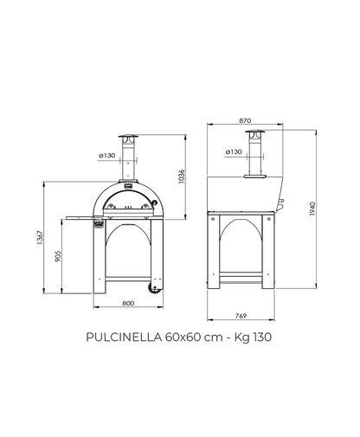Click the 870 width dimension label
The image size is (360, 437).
(x=245, y=120)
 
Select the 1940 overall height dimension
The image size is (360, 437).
(x=312, y=209)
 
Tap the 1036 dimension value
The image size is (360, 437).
(x=181, y=177)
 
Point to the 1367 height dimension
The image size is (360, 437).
(x=40, y=238)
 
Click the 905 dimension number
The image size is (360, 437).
(x=58, y=256)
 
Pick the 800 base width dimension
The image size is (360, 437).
(x=128, y=303)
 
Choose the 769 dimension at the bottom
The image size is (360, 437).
(x=241, y=316)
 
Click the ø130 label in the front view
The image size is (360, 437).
(x=107, y=156)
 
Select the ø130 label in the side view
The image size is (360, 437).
(x=234, y=151)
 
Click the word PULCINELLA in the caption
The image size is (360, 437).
(x=124, y=337)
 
